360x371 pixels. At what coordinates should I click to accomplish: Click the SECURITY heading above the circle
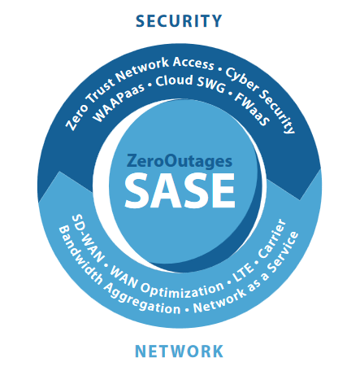tap(179, 21)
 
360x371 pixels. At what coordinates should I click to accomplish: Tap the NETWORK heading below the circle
tap(179, 351)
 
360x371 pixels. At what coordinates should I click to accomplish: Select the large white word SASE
tap(180, 190)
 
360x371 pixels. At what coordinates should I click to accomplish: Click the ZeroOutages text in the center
tap(180, 161)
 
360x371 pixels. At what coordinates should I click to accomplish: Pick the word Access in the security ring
tap(193, 63)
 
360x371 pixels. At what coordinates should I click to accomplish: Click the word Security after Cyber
tap(277, 112)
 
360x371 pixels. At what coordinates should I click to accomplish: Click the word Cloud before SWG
tap(174, 81)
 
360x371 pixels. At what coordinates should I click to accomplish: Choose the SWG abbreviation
tap(210, 85)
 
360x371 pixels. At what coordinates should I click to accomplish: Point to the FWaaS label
tap(252, 109)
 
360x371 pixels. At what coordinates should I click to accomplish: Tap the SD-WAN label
tap(88, 239)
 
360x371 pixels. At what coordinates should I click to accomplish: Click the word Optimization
tap(182, 291)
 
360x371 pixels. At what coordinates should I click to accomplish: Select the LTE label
tap(243, 272)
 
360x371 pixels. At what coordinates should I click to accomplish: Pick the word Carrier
tap(272, 238)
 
